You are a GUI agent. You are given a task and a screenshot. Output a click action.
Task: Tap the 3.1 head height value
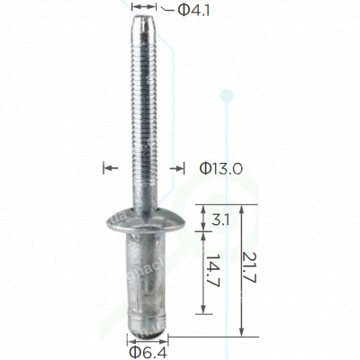click(x=219, y=217)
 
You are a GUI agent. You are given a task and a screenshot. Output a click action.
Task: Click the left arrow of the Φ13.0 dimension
click(x=110, y=166)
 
